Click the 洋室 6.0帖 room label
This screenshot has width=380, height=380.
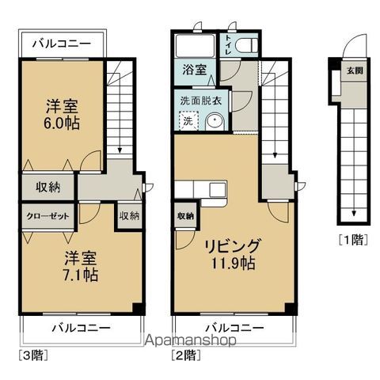point(59,114)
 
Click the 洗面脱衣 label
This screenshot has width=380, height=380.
point(198,100)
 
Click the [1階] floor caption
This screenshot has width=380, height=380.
point(353,238)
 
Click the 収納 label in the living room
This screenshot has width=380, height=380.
point(185,216)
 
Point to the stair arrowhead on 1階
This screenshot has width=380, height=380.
point(354,214)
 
